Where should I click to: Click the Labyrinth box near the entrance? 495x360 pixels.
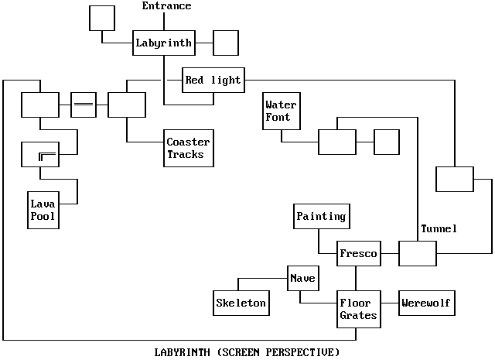click(x=163, y=43)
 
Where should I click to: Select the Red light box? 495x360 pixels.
click(x=213, y=80)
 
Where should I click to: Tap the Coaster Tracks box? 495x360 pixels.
click(x=189, y=148)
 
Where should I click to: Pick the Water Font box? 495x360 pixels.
click(x=281, y=111)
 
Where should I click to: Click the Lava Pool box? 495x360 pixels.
click(x=43, y=210)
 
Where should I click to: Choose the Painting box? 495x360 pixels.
click(x=321, y=217)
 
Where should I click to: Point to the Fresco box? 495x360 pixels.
click(x=359, y=254)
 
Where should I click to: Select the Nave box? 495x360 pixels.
click(x=302, y=278)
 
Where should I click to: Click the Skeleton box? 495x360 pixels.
click(x=241, y=303)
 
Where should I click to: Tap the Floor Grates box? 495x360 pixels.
click(x=358, y=309)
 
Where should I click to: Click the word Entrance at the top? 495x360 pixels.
click(x=166, y=6)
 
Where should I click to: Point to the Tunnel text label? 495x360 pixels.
click(x=439, y=229)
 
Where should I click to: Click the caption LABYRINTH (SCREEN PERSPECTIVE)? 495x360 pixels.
click(x=247, y=352)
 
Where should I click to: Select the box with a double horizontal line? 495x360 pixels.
click(x=83, y=105)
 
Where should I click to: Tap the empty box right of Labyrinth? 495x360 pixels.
click(x=225, y=43)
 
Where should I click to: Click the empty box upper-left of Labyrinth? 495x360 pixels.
click(x=101, y=18)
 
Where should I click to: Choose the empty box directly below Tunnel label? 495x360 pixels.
click(x=418, y=254)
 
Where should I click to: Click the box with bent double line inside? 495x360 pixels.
click(x=39, y=155)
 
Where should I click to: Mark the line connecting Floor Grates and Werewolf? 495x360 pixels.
click(x=388, y=303)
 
